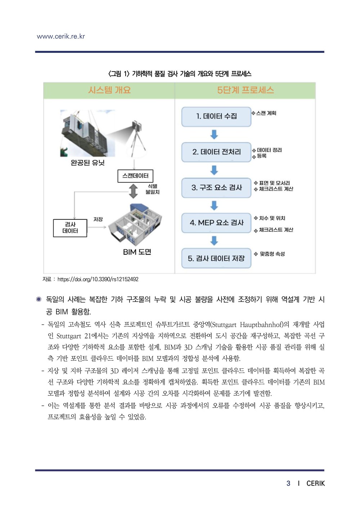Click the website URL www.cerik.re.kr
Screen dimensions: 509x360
(x=61, y=36)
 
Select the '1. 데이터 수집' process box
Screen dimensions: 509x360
(x=216, y=117)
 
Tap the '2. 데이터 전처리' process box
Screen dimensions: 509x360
(x=216, y=152)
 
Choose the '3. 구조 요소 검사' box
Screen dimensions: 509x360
(x=216, y=187)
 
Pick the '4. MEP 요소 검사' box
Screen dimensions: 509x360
(x=216, y=223)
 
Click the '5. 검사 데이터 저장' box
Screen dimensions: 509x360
(x=216, y=258)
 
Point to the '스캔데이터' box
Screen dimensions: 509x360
(x=135, y=176)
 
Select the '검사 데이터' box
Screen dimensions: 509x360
(x=70, y=228)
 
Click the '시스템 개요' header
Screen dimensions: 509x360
(x=109, y=90)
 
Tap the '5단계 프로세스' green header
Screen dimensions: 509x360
(x=246, y=90)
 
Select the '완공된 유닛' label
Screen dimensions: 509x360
(x=87, y=163)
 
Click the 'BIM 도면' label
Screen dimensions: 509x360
(x=137, y=252)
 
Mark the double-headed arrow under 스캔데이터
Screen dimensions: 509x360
(x=134, y=191)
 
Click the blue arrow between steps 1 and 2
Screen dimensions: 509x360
(x=214, y=135)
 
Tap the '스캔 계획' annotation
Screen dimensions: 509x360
(x=266, y=113)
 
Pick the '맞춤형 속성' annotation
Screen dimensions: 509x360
(x=272, y=254)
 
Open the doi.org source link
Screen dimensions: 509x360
(x=98, y=279)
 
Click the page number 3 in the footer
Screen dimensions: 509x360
(x=288, y=483)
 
